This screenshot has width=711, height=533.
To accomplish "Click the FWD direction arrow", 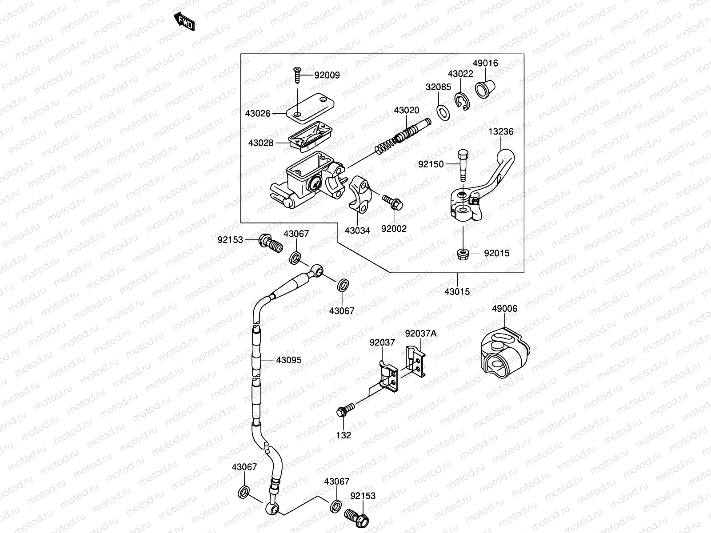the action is [184, 21].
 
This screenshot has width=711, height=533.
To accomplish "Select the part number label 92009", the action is [327, 75].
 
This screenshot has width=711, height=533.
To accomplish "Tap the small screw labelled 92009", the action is [297, 75].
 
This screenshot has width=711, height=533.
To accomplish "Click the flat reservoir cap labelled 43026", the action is [310, 107].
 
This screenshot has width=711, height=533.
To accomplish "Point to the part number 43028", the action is [261, 143].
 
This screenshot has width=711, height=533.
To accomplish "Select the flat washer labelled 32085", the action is [443, 113].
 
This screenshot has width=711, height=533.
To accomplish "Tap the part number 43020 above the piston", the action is [407, 110].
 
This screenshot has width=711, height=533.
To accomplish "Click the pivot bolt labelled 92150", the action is [463, 165].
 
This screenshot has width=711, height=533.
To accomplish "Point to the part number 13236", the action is [501, 131].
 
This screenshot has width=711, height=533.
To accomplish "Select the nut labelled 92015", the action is [463, 254].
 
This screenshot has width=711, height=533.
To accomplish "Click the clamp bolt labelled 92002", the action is [392, 202].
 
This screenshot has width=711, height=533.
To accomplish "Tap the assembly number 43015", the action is [457, 291].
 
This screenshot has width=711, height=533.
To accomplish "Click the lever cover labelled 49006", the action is [505, 352].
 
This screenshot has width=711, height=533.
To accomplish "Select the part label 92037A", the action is [421, 333].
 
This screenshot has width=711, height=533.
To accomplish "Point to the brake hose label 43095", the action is [288, 360].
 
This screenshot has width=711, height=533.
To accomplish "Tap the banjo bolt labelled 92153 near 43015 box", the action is [271, 244].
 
